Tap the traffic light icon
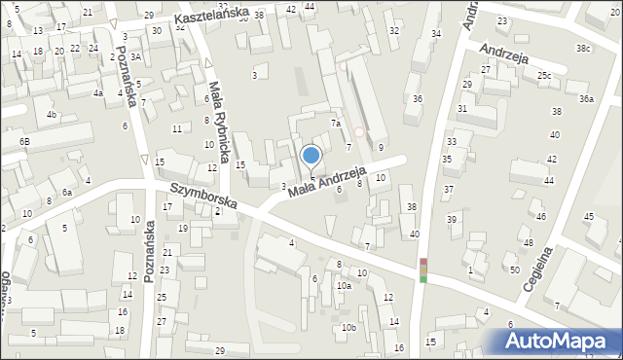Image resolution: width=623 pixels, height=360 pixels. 423,270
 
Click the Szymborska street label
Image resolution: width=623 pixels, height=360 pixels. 204,193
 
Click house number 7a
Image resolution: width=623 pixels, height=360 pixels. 334,124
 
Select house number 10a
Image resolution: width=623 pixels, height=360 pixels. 344,286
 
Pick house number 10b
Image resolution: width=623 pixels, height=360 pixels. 348,328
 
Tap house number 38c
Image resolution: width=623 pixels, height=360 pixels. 582,48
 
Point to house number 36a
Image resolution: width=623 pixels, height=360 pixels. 585,98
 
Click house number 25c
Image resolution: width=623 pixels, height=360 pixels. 543,75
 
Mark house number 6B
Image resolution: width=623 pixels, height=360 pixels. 24,142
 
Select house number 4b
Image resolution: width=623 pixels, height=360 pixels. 52,115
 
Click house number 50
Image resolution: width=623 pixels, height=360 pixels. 514,269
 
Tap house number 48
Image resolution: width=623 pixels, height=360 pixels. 528,242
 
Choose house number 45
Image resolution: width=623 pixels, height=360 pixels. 588,216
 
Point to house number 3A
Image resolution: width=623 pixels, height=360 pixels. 136,56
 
